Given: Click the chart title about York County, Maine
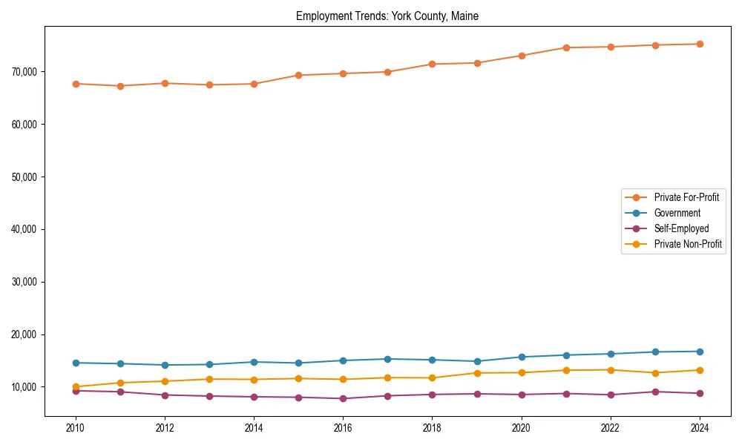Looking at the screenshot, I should [x=387, y=16].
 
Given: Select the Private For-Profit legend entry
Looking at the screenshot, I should [x=686, y=197].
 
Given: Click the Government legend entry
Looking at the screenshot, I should [x=677, y=213].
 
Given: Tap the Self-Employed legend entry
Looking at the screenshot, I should [x=681, y=228].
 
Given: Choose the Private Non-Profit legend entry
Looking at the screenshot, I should [x=688, y=244].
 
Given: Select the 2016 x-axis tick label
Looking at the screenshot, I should [x=343, y=428].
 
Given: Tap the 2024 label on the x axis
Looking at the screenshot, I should [x=700, y=428].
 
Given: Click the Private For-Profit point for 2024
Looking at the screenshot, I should [x=700, y=44].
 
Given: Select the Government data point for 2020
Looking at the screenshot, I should [x=522, y=357].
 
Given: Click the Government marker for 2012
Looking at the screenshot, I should [x=165, y=365].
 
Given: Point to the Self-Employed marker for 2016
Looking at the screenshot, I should [x=343, y=398].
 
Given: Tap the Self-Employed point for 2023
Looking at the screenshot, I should [x=655, y=392].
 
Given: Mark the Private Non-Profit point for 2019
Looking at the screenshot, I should [x=477, y=373].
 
